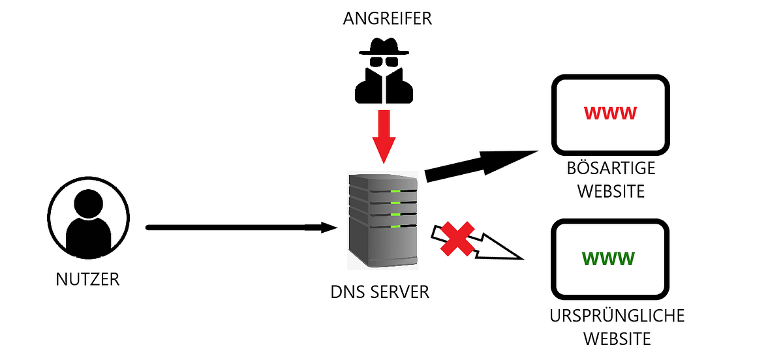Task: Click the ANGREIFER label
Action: point(388,18)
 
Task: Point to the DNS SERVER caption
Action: point(380,291)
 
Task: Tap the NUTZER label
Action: point(88,280)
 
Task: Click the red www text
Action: point(610,113)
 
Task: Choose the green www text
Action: point(609,258)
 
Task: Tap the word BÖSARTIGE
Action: point(611,169)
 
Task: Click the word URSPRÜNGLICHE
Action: point(617,316)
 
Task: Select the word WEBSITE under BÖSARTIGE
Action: point(611,191)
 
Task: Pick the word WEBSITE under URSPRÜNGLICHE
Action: point(617,339)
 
